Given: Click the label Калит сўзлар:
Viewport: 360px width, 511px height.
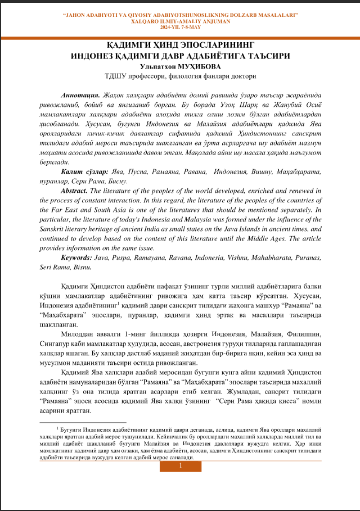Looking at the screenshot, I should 85,170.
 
